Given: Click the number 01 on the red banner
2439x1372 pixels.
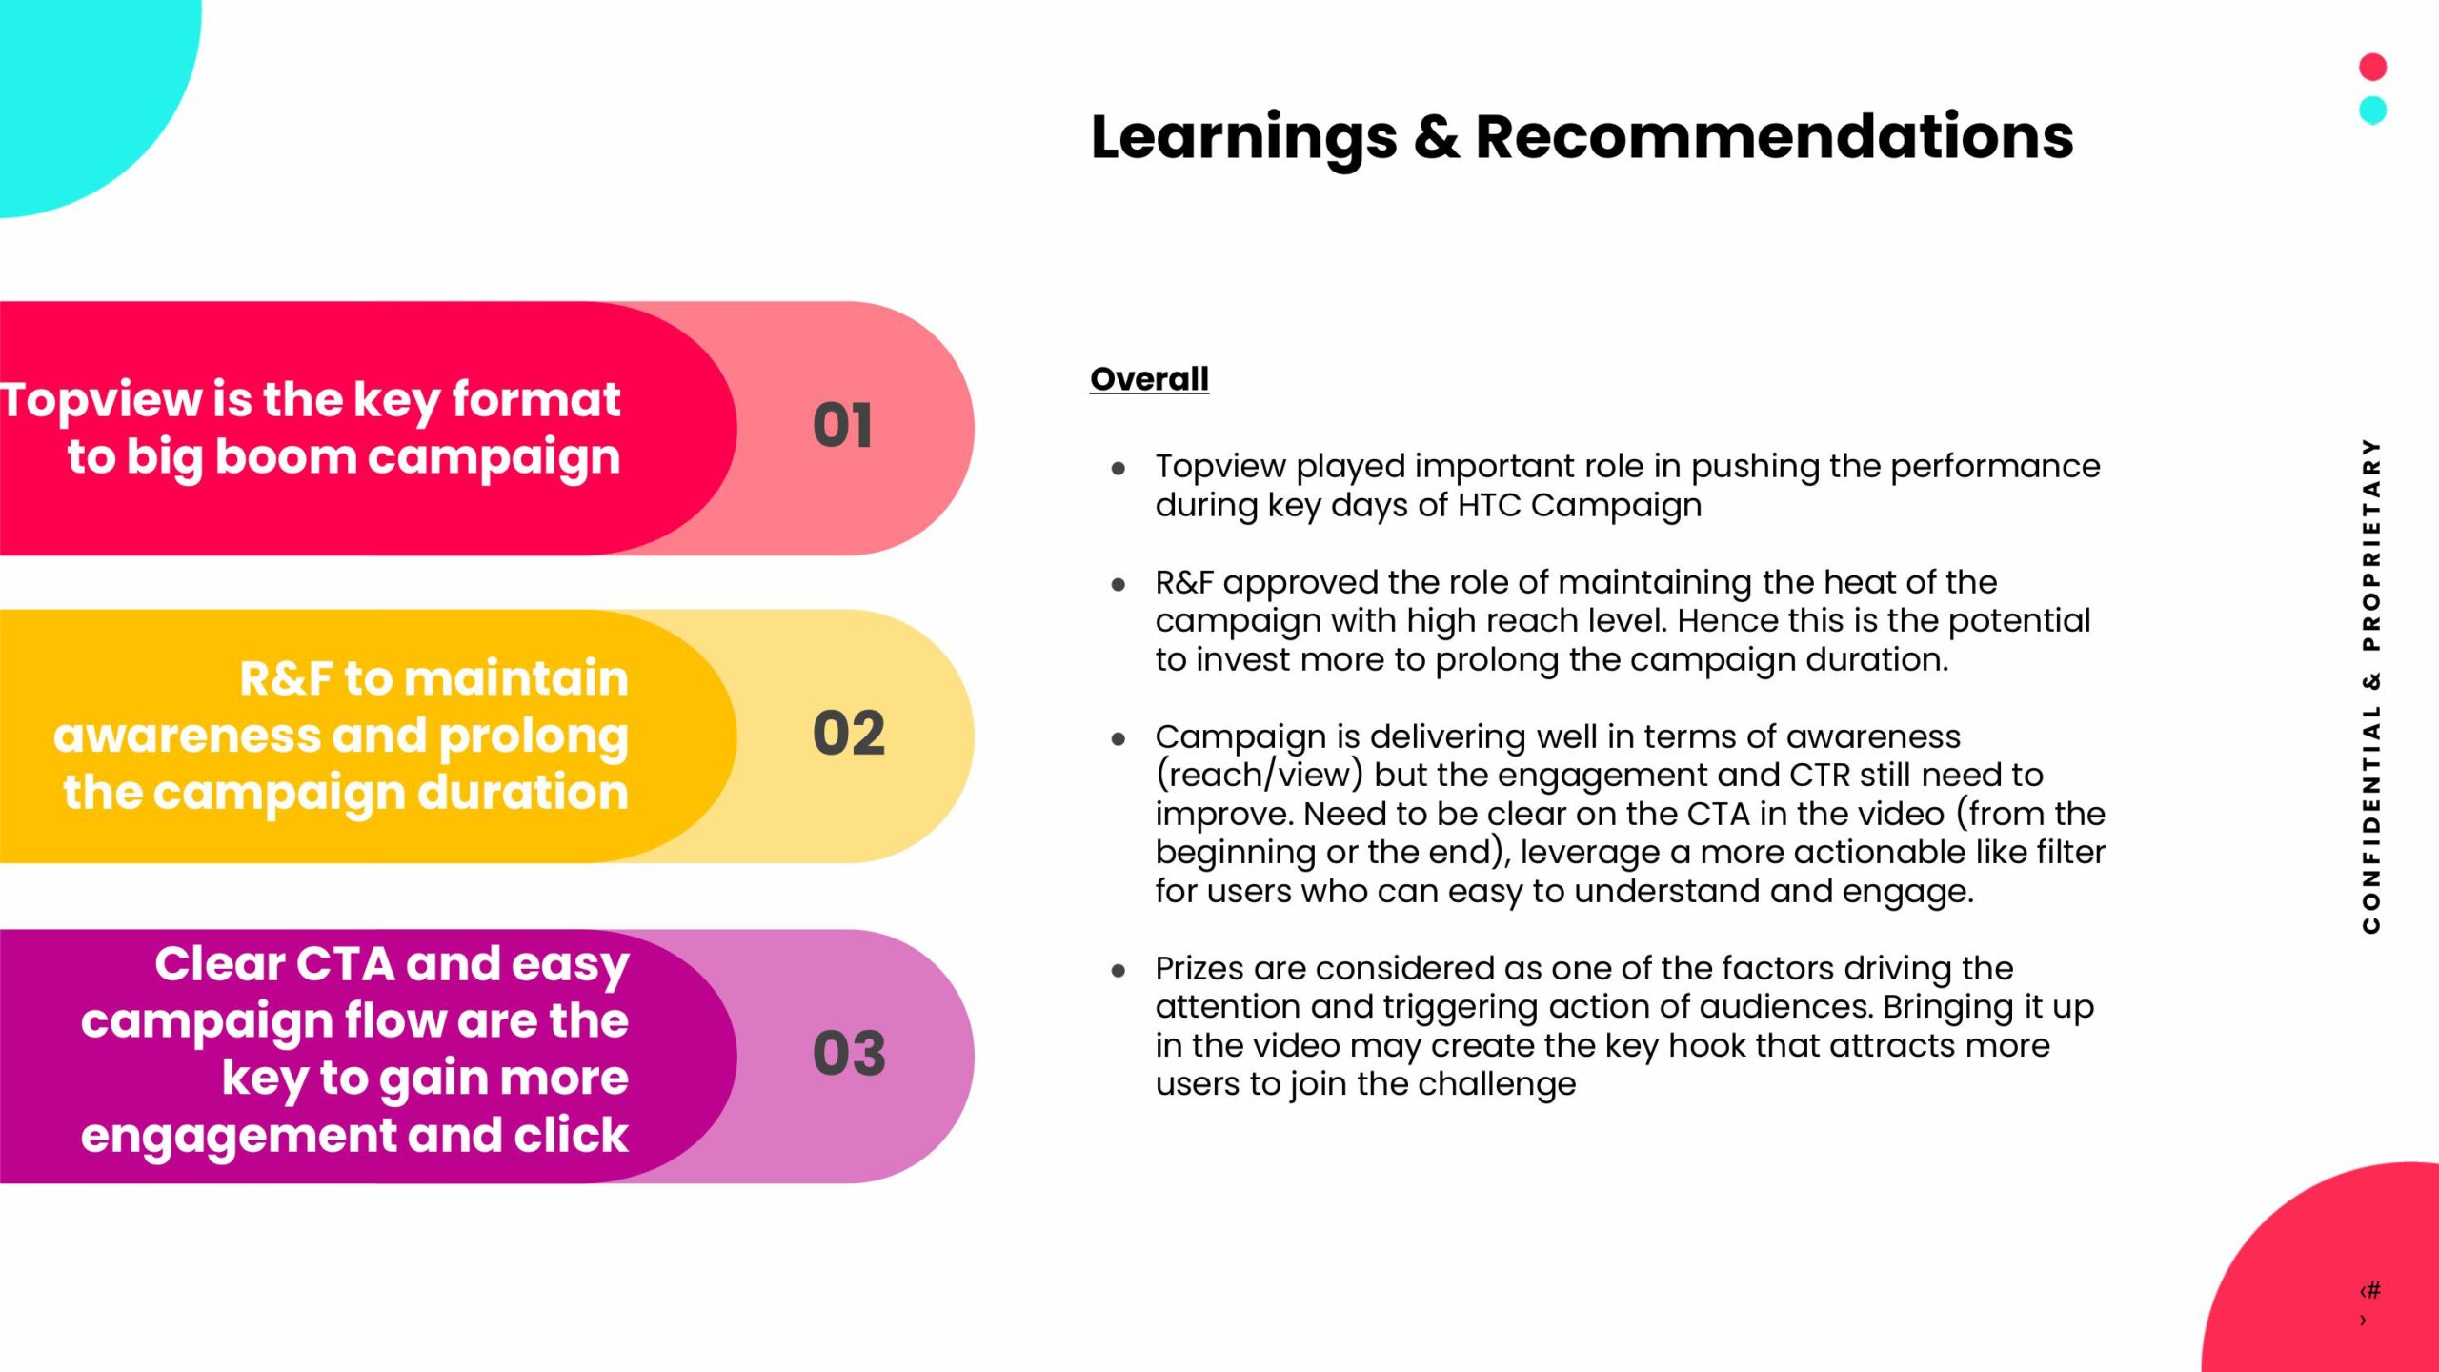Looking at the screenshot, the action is (842, 425).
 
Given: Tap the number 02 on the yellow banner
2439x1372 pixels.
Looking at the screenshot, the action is (849, 733).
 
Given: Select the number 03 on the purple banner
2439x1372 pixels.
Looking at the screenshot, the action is (849, 1054).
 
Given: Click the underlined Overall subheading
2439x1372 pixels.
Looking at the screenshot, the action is (1149, 379).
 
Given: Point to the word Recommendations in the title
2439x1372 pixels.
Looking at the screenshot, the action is (1774, 136).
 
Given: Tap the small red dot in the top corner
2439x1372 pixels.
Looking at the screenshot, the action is (2372, 67).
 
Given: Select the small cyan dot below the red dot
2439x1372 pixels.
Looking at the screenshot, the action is (2372, 111).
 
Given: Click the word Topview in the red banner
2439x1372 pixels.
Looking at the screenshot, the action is (100, 400).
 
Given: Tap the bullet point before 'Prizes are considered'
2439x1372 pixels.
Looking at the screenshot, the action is (1119, 971).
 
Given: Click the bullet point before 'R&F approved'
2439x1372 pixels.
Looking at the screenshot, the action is (1119, 585).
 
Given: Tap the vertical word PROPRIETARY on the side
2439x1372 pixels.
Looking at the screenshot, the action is (2371, 544).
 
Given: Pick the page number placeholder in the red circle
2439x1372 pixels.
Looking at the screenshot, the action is (2369, 1303).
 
